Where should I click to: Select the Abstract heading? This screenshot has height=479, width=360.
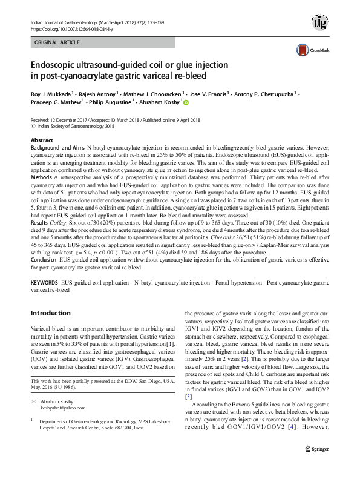42,140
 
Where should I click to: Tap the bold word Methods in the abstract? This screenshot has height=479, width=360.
42,178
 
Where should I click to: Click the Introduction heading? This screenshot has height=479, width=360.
50,313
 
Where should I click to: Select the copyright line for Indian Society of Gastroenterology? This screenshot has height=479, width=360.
75,127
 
